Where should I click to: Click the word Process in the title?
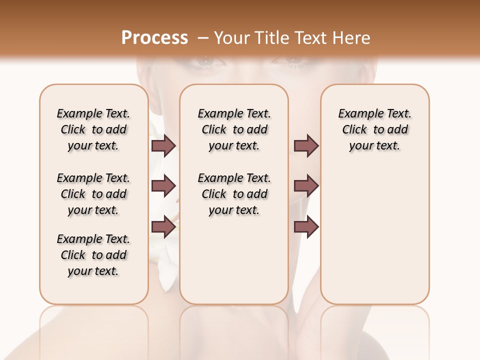click(154, 37)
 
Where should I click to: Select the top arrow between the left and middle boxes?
click(163, 145)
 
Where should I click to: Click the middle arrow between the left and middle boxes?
click(163, 186)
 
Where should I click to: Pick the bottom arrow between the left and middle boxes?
click(163, 226)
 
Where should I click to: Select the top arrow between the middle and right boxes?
click(306, 145)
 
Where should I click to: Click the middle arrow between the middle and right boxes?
click(306, 186)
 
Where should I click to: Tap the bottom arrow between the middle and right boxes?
click(306, 226)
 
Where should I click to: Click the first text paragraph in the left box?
click(93, 129)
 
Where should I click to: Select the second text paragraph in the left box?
click(93, 194)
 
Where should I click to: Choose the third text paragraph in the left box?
click(93, 255)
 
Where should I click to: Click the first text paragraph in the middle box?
click(234, 129)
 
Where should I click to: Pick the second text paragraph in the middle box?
click(234, 194)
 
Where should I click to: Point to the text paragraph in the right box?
click(375, 129)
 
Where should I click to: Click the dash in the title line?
click(203, 38)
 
